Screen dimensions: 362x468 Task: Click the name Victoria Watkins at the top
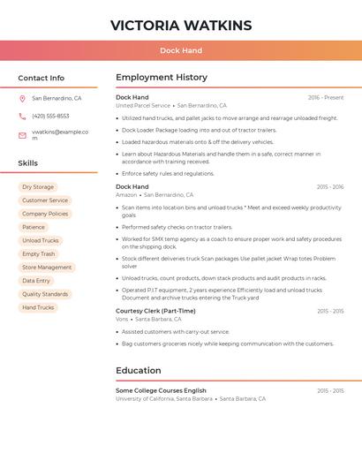point(181,25)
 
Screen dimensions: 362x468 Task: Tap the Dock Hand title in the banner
point(181,51)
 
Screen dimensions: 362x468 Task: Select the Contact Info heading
point(41,78)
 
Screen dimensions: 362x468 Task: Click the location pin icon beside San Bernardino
point(22,99)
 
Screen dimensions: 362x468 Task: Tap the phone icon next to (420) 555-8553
point(22,117)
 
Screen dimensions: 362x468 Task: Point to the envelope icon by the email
point(22,135)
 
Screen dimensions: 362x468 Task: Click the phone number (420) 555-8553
point(50,117)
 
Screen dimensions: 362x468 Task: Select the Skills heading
point(28,163)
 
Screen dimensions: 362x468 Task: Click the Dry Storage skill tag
point(38,187)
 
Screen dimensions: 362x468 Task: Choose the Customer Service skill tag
point(45,200)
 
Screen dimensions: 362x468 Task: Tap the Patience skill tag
point(34,227)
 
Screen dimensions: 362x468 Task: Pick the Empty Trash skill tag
point(38,254)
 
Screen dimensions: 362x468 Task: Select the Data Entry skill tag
point(36,281)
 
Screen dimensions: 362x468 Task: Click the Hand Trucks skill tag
point(38,307)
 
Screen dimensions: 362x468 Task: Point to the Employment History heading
point(162,78)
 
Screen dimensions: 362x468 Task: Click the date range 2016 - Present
point(326,97)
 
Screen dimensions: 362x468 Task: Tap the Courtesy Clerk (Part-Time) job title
point(155,311)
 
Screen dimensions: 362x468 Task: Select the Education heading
point(139,371)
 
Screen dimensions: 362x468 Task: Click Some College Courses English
point(161,390)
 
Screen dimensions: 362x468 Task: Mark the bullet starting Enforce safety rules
point(168,173)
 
